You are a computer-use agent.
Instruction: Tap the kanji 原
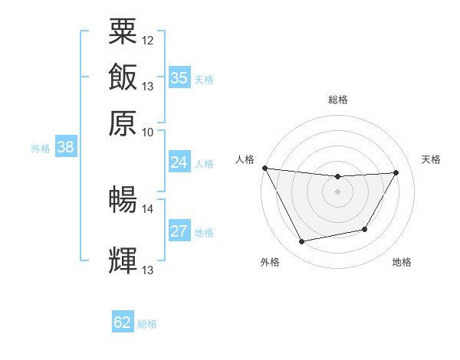coord(123,123)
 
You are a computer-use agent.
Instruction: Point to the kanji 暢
coord(123,199)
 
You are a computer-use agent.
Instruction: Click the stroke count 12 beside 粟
coord(148,39)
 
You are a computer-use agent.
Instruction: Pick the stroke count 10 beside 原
coord(148,132)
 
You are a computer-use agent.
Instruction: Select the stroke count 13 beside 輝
coord(148,270)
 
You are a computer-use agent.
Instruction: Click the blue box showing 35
coord(179,77)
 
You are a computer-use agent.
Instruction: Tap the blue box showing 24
coord(179,162)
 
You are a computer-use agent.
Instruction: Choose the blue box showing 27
coord(179,231)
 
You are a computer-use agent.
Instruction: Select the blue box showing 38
coord(65,147)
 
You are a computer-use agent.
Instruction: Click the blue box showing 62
coord(123,322)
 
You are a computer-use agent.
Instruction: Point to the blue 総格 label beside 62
coord(147,324)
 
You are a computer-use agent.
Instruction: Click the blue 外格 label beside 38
coord(41,149)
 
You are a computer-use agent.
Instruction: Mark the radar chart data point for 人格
coord(264,168)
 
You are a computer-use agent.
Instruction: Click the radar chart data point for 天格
coord(396,172)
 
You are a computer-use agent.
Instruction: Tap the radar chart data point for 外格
coord(302,242)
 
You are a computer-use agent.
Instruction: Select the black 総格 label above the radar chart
coord(338,100)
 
